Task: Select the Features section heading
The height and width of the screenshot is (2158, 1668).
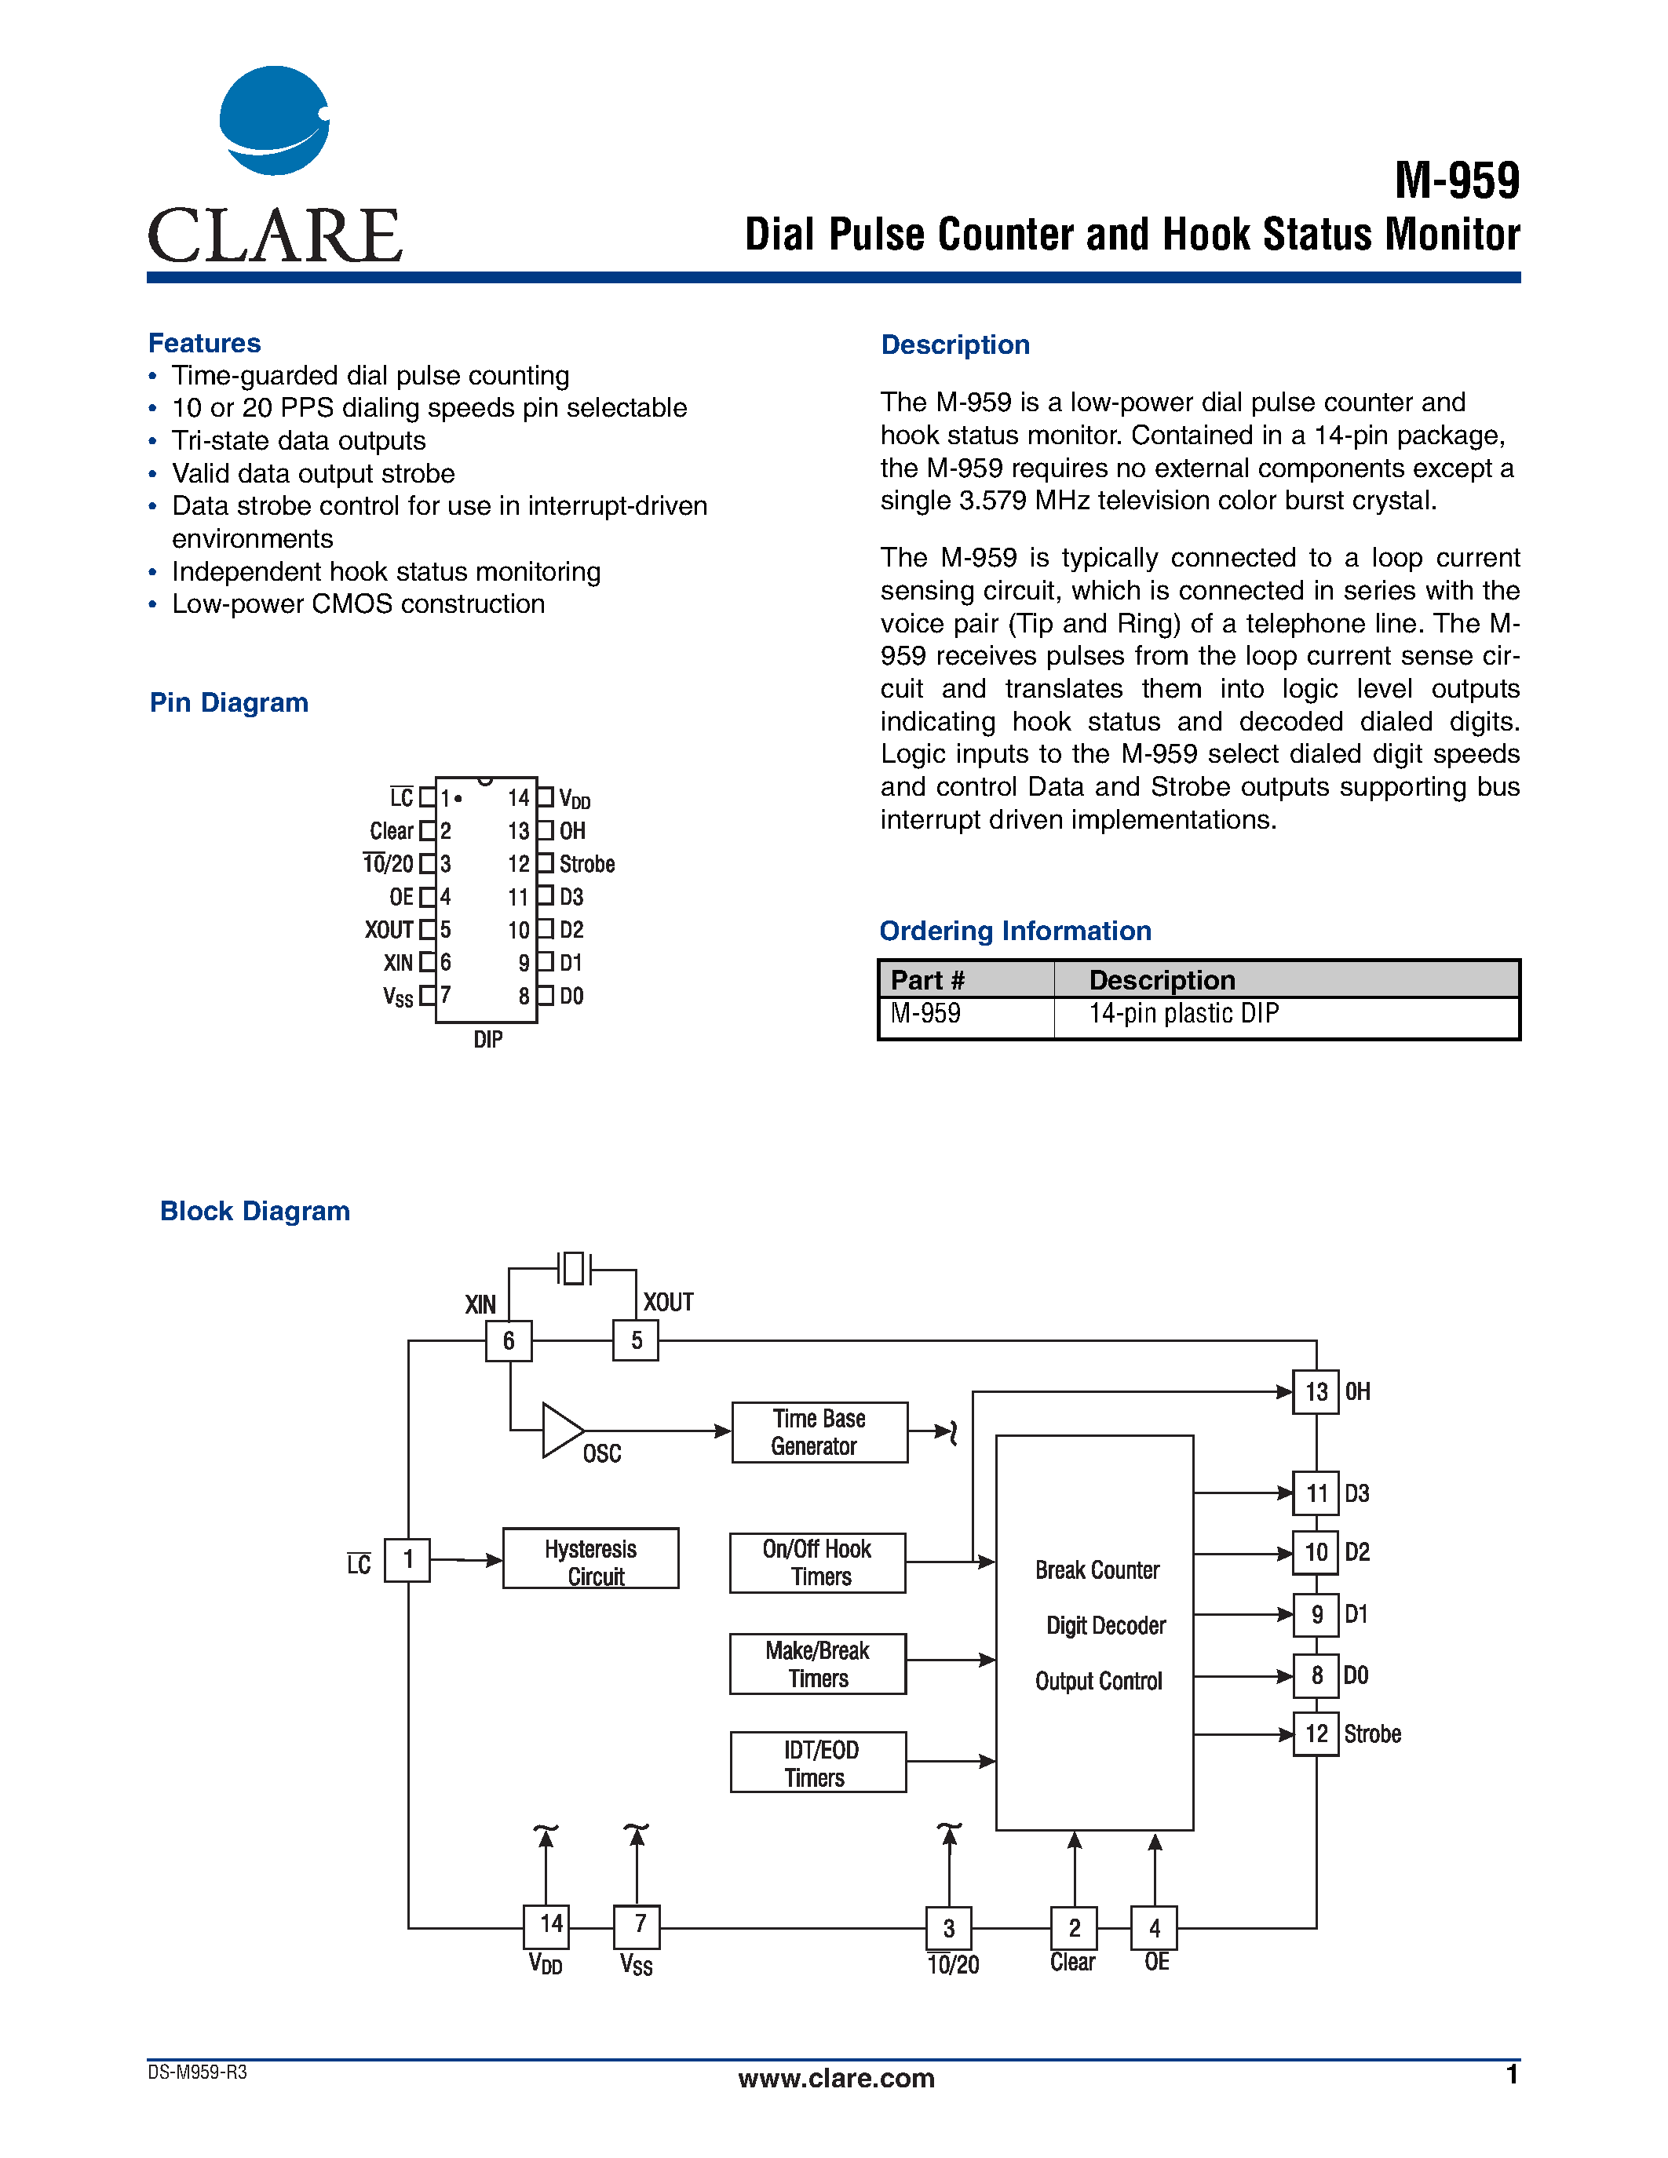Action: (x=205, y=343)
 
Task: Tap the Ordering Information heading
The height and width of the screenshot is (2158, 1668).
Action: (x=1015, y=931)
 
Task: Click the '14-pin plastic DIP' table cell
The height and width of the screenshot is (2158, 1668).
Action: (x=1183, y=1014)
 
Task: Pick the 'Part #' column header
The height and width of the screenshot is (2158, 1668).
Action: (x=927, y=980)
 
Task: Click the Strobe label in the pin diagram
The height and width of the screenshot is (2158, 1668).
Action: (x=587, y=865)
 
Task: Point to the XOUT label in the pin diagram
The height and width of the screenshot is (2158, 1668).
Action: (x=389, y=930)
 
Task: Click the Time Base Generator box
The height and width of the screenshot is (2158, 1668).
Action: (x=819, y=1433)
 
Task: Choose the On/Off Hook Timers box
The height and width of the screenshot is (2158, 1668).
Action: (x=817, y=1563)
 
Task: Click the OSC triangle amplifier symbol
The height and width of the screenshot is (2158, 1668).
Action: (x=560, y=1430)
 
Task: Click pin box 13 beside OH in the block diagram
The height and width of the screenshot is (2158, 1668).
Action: (x=1316, y=1392)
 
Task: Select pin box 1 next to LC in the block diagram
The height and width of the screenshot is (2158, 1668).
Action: (x=407, y=1560)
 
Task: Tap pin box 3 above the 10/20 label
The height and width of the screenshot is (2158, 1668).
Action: (x=949, y=1929)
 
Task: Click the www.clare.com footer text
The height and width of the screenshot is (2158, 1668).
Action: (x=836, y=2078)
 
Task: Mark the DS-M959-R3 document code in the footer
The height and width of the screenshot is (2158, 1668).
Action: (x=198, y=2072)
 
